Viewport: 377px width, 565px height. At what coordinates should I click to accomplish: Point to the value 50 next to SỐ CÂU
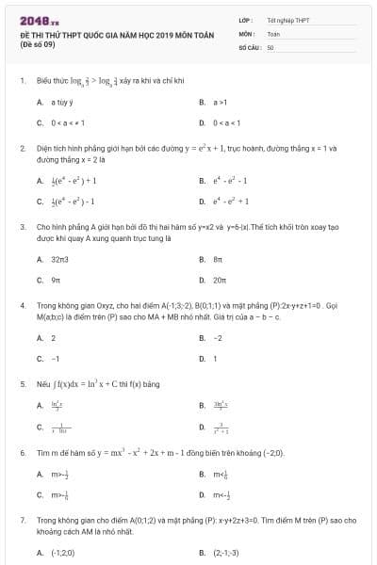(270, 46)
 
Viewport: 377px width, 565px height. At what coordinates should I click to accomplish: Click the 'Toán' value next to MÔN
(273, 33)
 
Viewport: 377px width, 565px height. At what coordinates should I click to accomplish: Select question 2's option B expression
(232, 180)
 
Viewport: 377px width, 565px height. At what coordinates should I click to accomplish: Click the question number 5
(22, 384)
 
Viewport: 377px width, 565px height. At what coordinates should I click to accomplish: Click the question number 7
(22, 519)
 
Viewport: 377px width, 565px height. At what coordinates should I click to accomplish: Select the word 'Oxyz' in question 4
(94, 305)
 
